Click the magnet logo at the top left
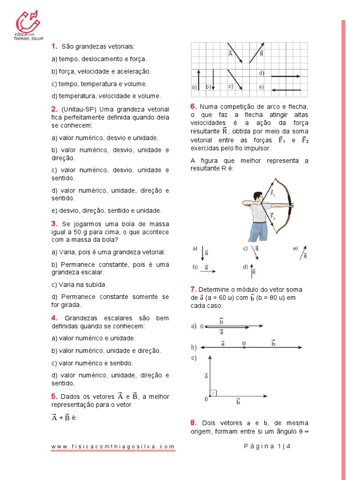coord(28,22)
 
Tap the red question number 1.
coord(54,46)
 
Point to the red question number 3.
coord(54,224)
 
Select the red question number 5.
coord(54,397)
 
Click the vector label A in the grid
coord(230,54)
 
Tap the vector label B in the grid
coord(261,54)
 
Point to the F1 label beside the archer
coord(273,193)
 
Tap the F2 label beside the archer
coord(273,216)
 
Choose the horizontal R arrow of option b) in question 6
coord(209,270)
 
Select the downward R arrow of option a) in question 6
coord(203,253)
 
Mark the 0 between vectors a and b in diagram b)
coord(244,344)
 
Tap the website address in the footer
coord(113,447)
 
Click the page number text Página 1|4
coord(268,446)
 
